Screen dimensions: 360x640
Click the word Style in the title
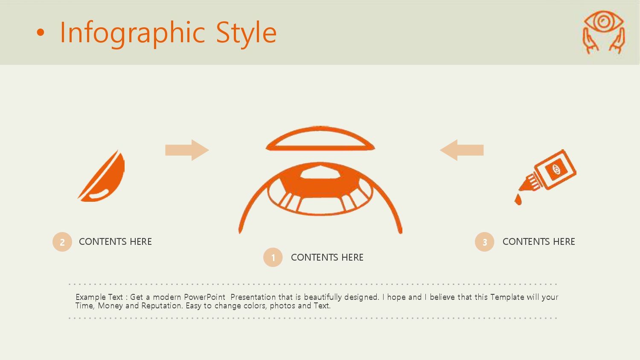(246, 32)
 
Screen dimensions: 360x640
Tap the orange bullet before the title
(40, 33)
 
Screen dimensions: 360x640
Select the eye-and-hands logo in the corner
(603, 32)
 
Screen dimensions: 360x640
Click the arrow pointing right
(187, 150)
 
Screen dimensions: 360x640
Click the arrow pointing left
(462, 150)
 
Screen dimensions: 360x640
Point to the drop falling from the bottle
(518, 200)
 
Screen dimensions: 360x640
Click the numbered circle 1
(273, 258)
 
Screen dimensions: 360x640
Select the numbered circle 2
(62, 242)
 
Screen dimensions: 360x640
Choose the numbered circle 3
(485, 242)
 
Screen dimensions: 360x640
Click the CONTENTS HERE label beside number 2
(115, 242)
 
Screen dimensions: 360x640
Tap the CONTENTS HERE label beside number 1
(327, 258)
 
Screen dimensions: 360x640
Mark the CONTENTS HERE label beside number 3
(538, 242)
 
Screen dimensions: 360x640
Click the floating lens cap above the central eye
(320, 139)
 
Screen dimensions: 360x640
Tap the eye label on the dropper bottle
(556, 170)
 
